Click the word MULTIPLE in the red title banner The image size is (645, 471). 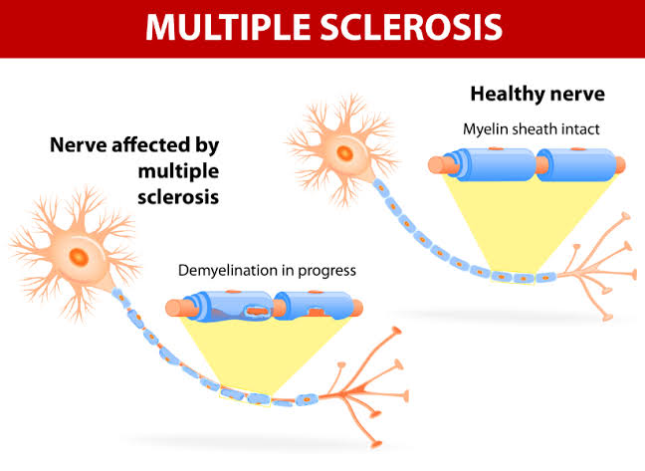(x=230, y=26)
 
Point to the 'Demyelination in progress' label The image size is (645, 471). (x=267, y=270)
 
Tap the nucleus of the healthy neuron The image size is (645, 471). (x=344, y=154)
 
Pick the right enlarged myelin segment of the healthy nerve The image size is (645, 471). (x=576, y=165)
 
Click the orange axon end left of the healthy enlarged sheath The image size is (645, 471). (x=436, y=165)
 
